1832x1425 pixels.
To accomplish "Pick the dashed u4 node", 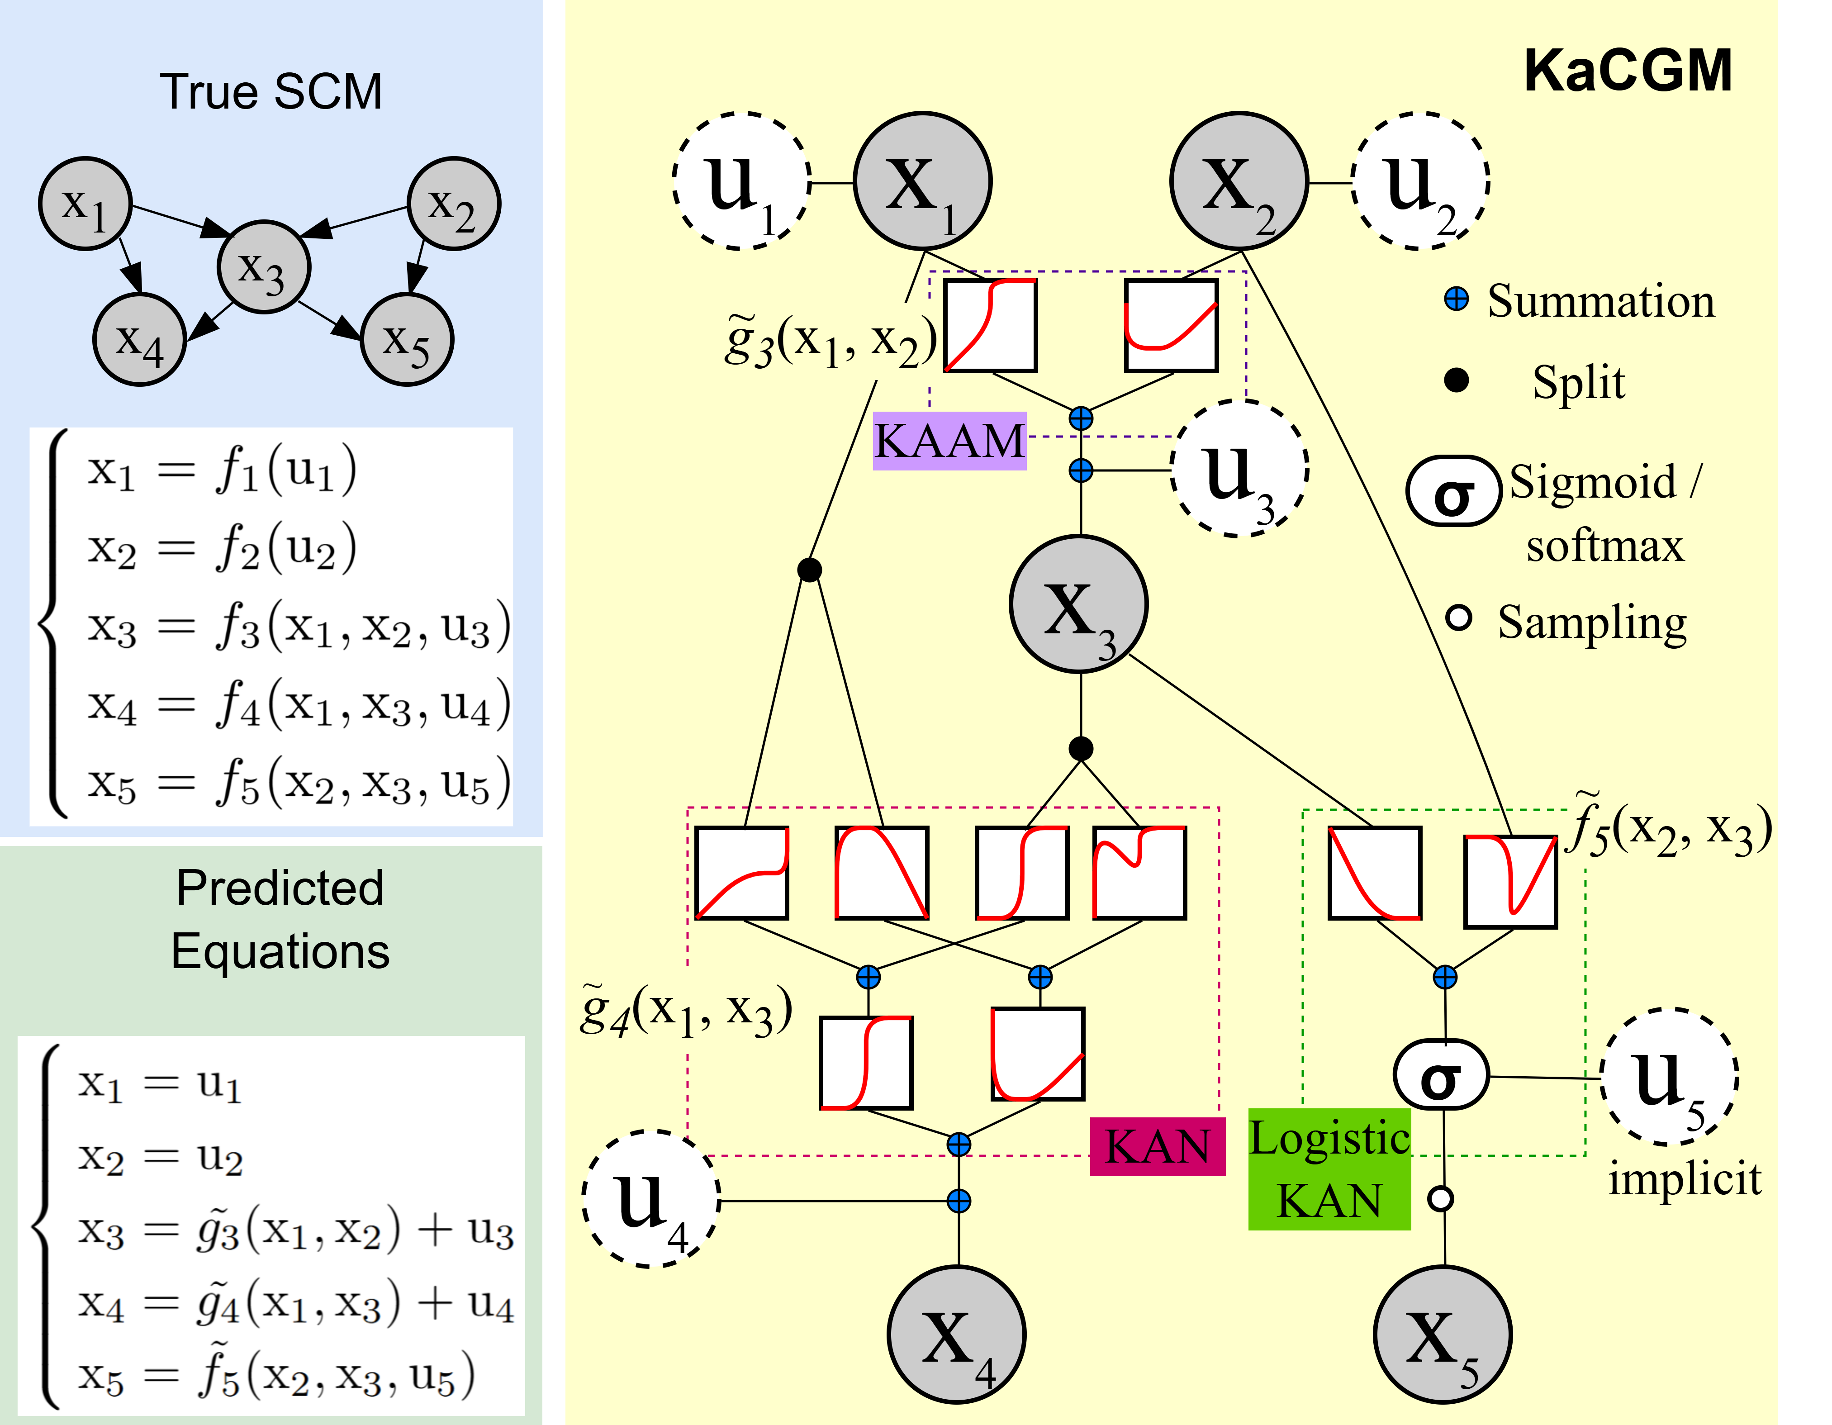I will tap(651, 1199).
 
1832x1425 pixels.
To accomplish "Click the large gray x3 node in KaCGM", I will tap(1079, 604).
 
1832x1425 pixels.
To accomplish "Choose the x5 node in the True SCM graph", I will tap(407, 340).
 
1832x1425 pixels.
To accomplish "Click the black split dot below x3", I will tap(1080, 748).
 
